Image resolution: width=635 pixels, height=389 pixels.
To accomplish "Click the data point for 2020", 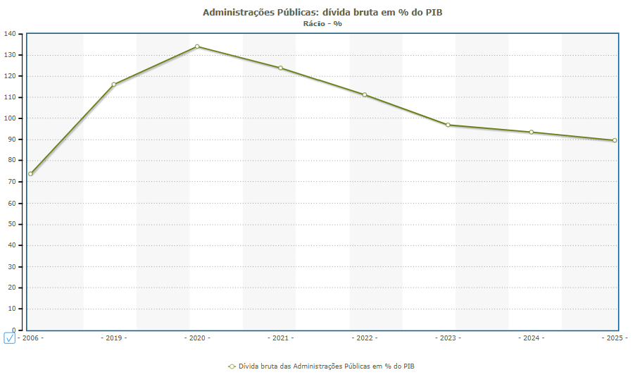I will [197, 47].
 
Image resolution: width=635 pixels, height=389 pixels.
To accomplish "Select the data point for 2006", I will [30, 174].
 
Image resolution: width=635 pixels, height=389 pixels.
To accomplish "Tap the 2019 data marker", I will [113, 85].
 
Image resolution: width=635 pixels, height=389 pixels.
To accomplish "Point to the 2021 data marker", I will [280, 68].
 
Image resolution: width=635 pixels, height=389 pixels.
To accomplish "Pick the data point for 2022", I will [364, 94].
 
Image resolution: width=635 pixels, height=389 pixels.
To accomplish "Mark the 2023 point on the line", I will [448, 125].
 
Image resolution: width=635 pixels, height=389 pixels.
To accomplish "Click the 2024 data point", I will [532, 132].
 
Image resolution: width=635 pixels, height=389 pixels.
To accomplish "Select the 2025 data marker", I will [615, 140].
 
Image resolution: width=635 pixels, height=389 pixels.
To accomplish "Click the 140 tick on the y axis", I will [10, 34].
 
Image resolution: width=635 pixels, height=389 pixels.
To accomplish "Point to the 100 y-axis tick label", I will [10, 118].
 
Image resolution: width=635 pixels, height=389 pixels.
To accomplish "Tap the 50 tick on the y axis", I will [12, 224].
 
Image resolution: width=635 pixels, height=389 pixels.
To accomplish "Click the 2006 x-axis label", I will [31, 338].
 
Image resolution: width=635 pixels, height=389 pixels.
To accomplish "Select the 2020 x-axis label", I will [197, 338].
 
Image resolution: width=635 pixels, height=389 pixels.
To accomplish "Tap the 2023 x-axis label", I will [448, 338].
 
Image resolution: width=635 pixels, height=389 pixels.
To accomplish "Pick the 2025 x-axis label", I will [615, 338].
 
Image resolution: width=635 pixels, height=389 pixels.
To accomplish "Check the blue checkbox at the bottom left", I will [9, 338].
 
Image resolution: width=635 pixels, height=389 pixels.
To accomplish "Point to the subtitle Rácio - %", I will [322, 23].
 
